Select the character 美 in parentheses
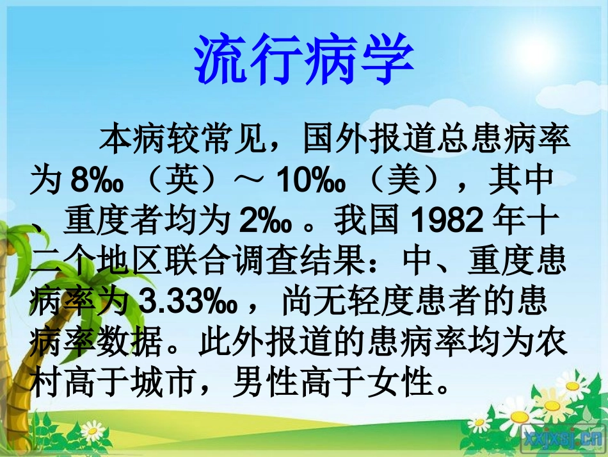pyautogui.click(x=412, y=181)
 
